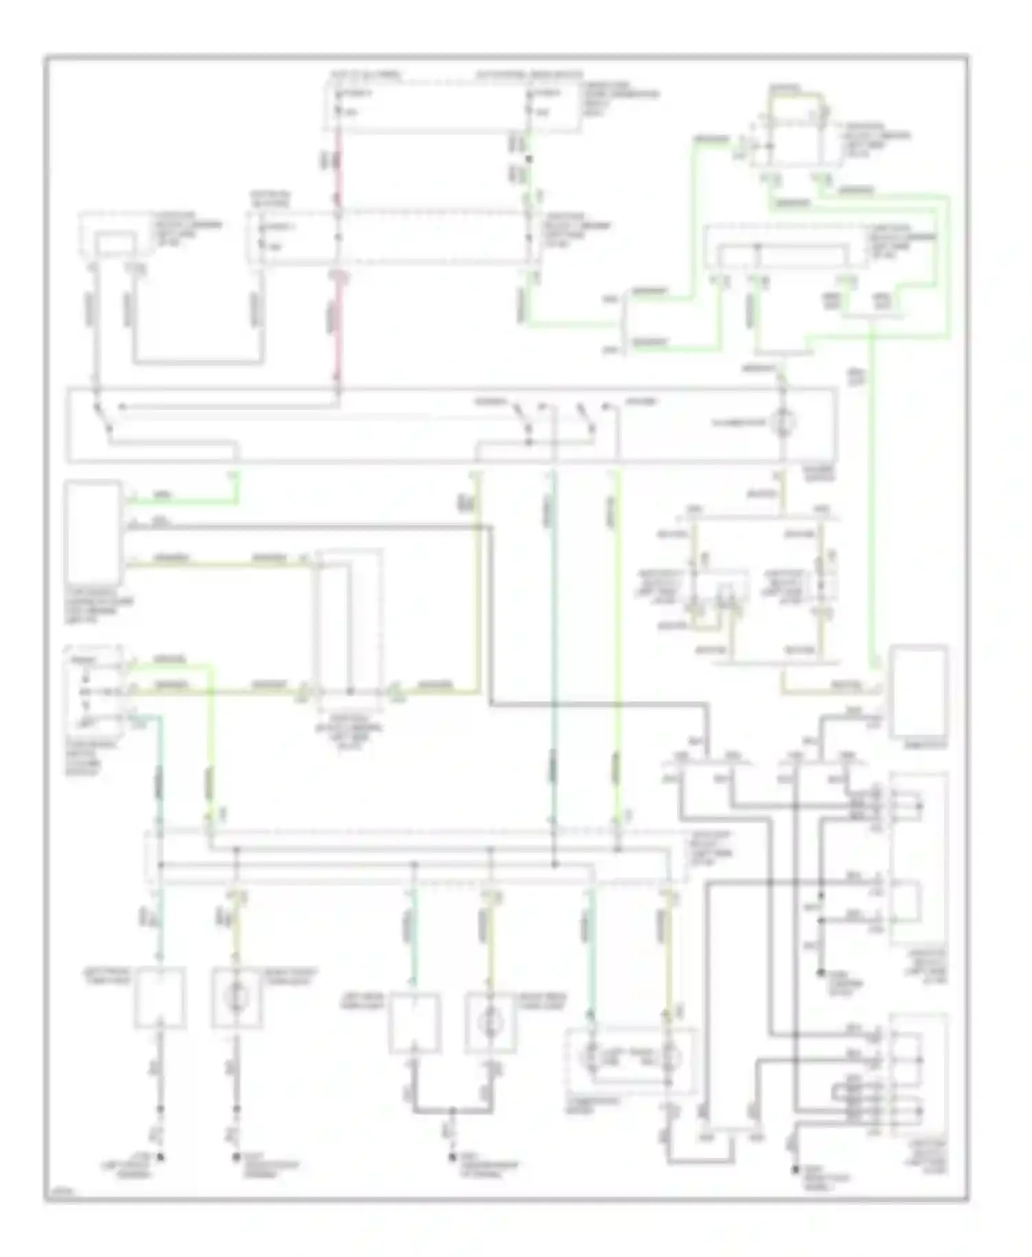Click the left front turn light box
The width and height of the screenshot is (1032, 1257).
click(160, 997)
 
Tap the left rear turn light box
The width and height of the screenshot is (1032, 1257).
click(414, 1023)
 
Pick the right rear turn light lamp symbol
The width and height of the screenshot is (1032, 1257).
click(490, 1023)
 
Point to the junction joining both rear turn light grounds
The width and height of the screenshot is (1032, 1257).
click(452, 1111)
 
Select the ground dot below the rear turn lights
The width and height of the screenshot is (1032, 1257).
click(452, 1158)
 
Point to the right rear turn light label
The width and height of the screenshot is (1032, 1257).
click(544, 999)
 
